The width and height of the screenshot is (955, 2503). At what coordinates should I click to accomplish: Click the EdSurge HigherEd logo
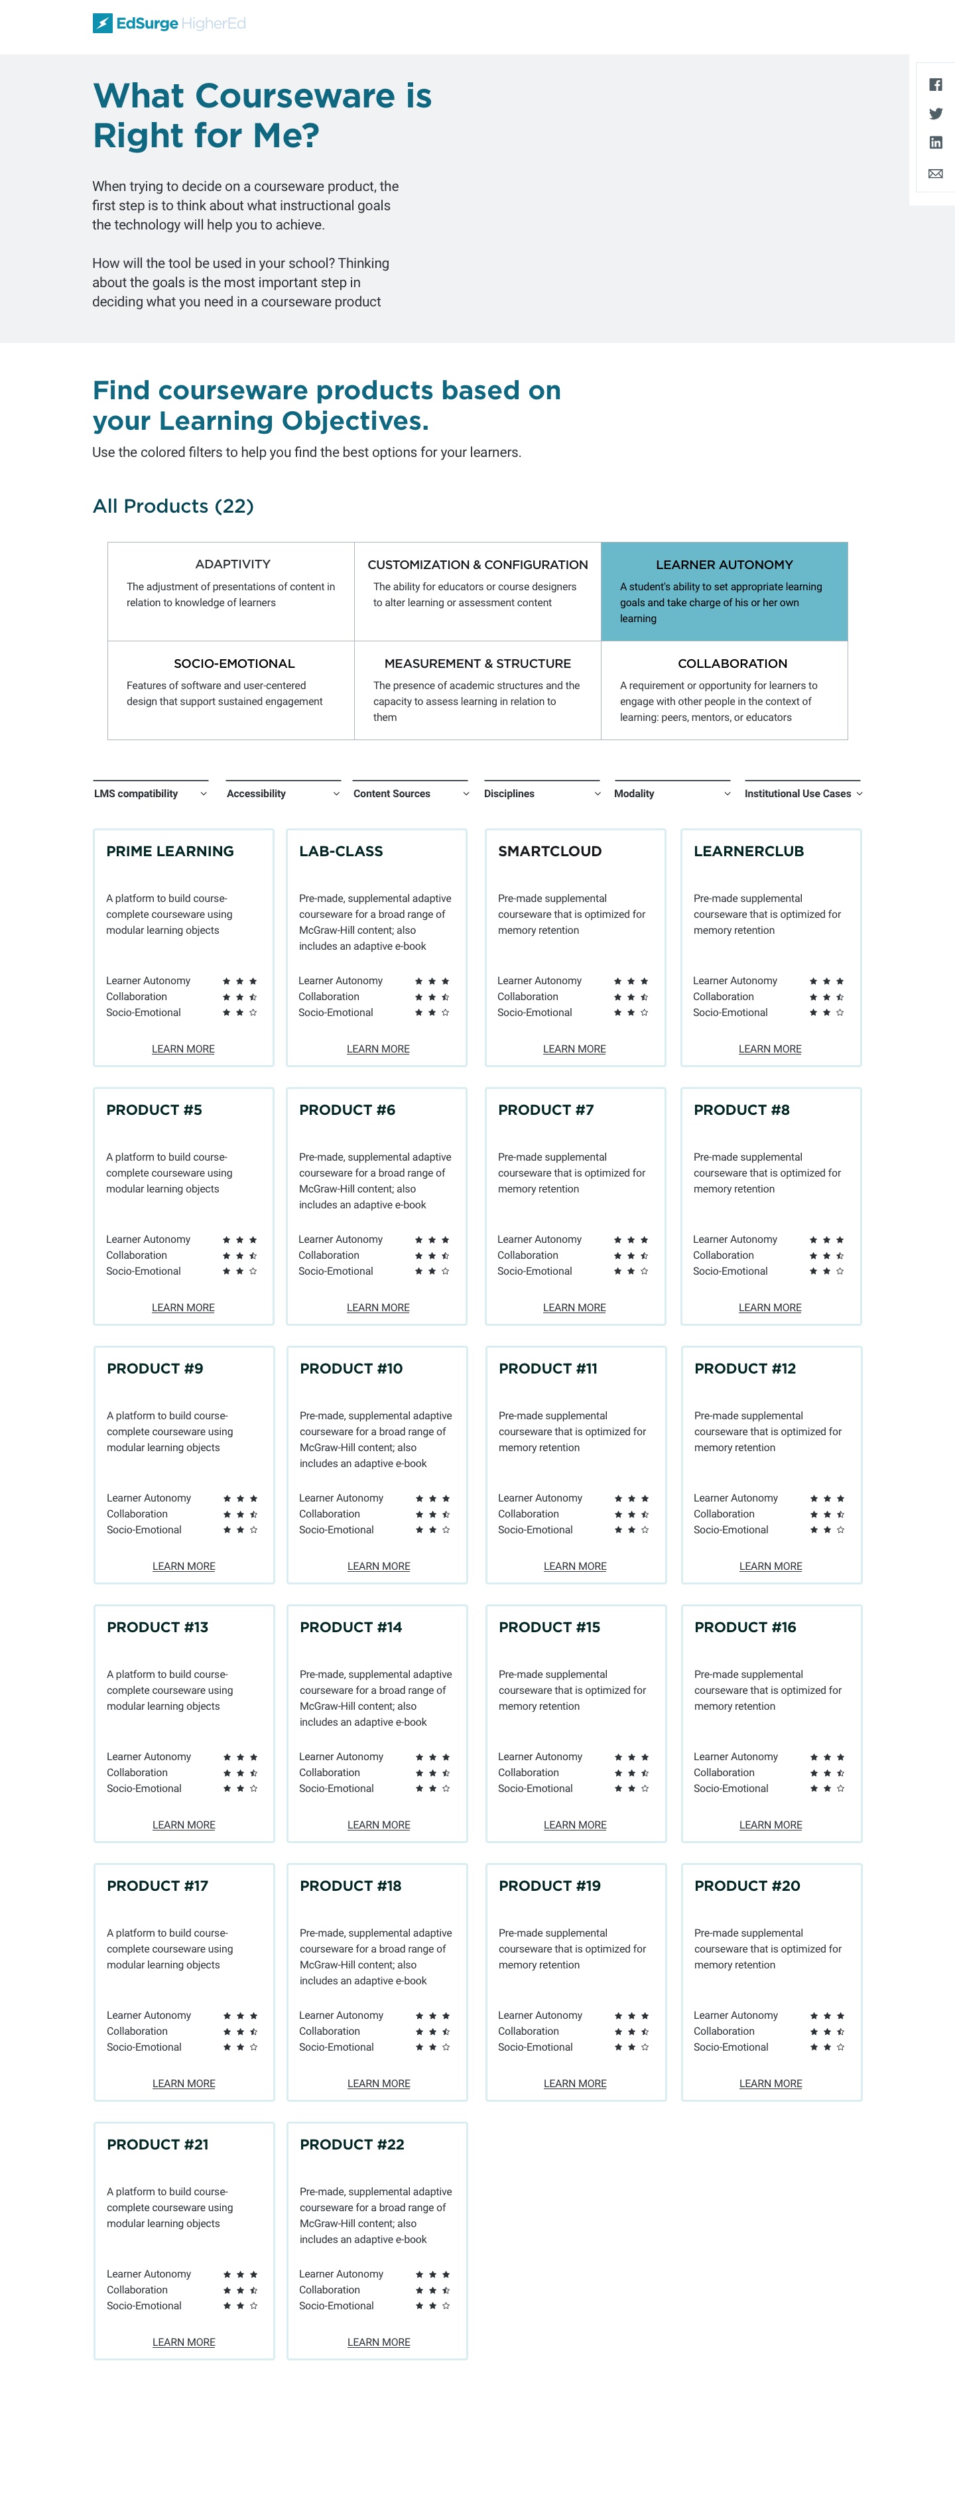(x=169, y=23)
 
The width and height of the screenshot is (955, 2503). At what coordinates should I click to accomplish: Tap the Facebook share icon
(x=936, y=84)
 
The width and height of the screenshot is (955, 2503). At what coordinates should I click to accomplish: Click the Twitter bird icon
(x=936, y=113)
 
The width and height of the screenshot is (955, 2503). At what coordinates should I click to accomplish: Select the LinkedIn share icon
(x=936, y=143)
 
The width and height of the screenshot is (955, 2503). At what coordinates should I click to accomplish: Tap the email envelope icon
(x=936, y=174)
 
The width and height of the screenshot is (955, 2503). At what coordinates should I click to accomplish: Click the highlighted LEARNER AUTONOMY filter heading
(x=724, y=564)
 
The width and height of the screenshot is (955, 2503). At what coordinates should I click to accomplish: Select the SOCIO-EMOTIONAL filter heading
(x=234, y=664)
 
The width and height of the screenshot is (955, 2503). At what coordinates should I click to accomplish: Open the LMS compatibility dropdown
(x=151, y=794)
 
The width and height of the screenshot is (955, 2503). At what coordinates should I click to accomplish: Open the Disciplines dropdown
(x=542, y=794)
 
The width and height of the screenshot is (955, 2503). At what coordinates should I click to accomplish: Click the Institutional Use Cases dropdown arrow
(x=859, y=794)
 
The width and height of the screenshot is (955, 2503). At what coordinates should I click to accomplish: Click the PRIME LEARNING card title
(x=170, y=851)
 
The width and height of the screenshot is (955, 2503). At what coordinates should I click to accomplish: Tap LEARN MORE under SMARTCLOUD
(x=574, y=1049)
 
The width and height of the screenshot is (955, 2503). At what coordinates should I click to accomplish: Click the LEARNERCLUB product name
(x=749, y=851)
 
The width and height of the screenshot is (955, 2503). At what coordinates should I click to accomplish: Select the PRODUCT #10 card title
(x=351, y=1368)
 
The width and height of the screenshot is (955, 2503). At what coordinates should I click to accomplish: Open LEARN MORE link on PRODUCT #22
(x=379, y=2343)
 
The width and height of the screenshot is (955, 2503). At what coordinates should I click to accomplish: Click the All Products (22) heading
(x=173, y=506)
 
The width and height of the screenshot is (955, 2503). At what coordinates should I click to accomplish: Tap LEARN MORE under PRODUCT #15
(x=575, y=1825)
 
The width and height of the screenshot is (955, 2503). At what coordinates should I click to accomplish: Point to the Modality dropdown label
(x=635, y=794)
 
